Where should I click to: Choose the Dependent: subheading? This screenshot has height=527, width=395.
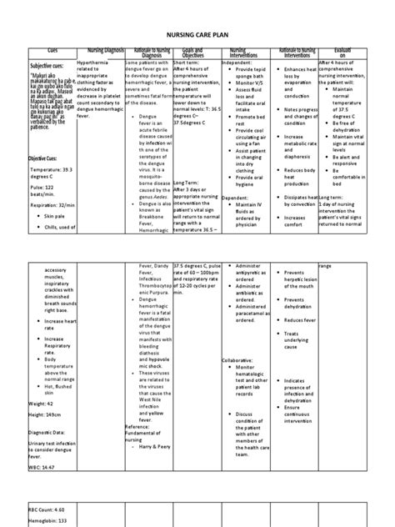pyautogui.click(x=243, y=197)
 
